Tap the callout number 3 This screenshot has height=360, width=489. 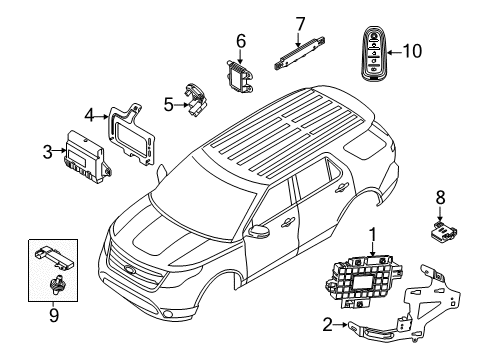[x=47, y=151]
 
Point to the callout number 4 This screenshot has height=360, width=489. [x=89, y=116]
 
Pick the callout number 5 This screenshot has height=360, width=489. [x=168, y=101]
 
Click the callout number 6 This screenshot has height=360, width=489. [x=240, y=40]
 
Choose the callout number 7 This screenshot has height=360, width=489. [x=299, y=21]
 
